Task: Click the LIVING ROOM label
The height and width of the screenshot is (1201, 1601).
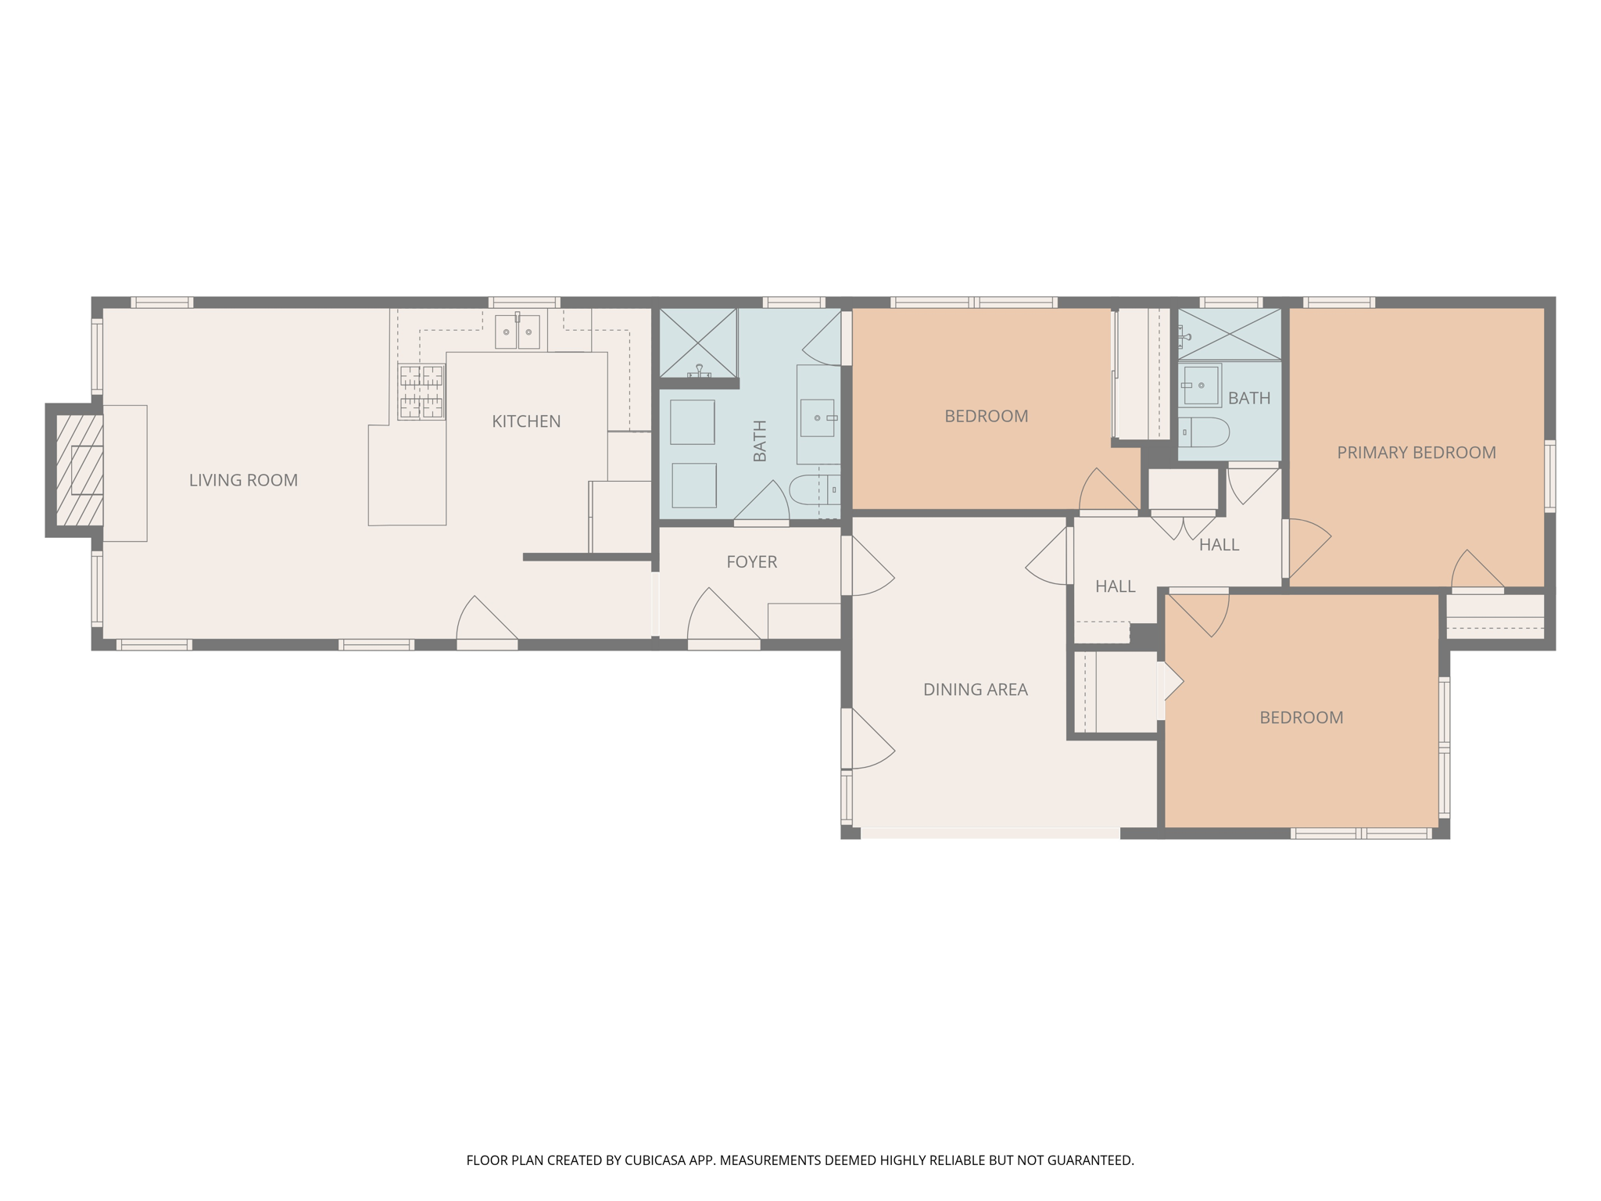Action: [x=243, y=480]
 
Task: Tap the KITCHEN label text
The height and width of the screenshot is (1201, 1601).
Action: [x=526, y=421]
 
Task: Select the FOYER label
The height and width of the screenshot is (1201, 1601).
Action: [x=751, y=561]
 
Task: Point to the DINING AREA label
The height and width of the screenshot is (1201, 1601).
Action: [x=975, y=690]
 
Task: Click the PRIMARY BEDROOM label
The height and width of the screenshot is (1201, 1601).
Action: [x=1416, y=453]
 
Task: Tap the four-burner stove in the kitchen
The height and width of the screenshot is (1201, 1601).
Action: [x=421, y=392]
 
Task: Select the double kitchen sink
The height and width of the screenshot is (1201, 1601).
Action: [x=517, y=332]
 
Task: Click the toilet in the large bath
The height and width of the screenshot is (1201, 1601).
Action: [x=813, y=491]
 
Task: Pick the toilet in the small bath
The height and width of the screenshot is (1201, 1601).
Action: [x=1205, y=432]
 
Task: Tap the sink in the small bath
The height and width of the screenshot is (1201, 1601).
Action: [x=1200, y=385]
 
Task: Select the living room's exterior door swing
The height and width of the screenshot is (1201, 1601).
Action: [x=485, y=620]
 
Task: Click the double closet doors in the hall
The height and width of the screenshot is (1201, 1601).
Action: [x=1183, y=527]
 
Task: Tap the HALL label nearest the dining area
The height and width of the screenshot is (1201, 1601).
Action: [x=1115, y=586]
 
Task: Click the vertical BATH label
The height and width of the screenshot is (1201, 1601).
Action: [x=759, y=441]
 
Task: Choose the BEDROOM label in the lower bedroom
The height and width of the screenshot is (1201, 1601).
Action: [x=1301, y=718]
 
